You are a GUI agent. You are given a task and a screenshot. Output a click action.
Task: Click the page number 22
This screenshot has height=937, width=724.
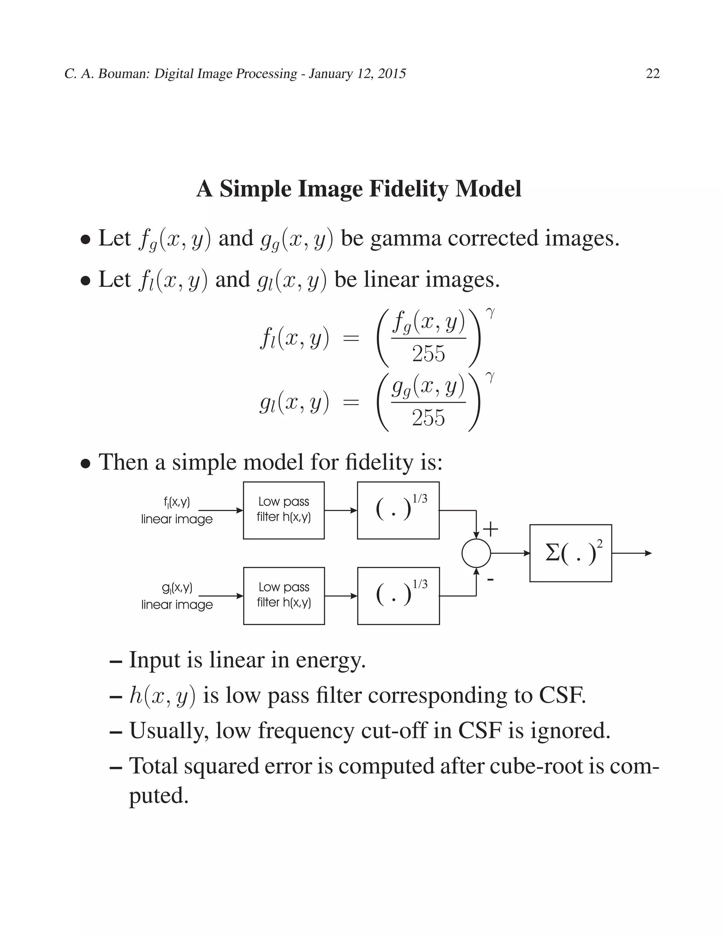coord(652,74)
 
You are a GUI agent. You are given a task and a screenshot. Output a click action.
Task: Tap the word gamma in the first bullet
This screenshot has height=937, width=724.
coord(405,239)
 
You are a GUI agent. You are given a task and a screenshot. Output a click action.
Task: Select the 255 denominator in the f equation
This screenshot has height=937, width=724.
coord(428,354)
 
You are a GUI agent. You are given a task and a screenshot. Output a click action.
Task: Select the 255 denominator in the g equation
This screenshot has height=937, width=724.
coord(428,418)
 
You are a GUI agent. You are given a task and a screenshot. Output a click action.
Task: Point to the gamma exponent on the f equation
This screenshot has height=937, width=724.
coord(490,314)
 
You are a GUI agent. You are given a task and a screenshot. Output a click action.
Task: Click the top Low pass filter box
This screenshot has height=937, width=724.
coord(284,510)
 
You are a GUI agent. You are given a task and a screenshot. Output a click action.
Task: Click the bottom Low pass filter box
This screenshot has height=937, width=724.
coord(284,595)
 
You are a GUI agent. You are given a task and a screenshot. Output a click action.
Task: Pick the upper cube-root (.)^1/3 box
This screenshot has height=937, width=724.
coord(398,510)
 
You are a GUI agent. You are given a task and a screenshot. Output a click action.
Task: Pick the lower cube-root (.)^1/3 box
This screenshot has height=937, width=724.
coord(398,595)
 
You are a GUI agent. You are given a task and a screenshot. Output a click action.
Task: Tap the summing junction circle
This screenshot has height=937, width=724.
coord(476,553)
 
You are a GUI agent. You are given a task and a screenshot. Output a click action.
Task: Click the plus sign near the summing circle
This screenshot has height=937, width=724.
coord(491,529)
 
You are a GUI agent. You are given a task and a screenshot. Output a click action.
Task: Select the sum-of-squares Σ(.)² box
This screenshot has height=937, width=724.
coord(571,553)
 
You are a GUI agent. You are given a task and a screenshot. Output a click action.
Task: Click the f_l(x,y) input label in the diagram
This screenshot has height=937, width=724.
coord(177,501)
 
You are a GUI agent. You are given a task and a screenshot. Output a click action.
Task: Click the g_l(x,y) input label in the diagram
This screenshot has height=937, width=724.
coord(177,587)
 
